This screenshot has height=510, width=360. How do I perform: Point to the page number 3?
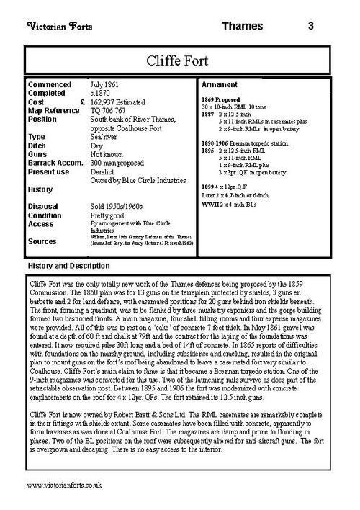(310, 27)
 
